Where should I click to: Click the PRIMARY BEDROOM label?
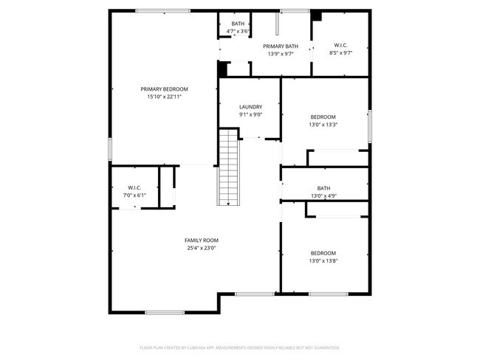[164, 89]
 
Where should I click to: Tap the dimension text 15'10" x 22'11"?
[164, 97]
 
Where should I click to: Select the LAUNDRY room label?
[250, 107]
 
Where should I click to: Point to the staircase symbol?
[228, 167]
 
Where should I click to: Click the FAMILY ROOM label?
[201, 240]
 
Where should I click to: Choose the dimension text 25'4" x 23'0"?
[201, 249]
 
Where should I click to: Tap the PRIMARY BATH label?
[281, 46]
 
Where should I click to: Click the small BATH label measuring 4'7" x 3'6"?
[238, 24]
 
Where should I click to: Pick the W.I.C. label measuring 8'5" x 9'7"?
[341, 46]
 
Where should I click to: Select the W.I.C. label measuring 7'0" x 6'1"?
[134, 188]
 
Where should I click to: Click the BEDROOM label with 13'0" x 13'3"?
[323, 117]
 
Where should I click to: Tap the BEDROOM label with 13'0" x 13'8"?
[323, 252]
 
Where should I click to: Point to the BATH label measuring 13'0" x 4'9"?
[323, 188]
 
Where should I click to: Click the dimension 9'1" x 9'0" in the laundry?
[250, 114]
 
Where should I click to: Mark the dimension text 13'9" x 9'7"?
[281, 54]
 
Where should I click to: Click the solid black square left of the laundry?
[222, 69]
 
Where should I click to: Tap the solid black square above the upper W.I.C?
[317, 15]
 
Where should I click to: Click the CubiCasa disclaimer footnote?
[239, 347]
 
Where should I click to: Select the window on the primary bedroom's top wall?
[162, 10]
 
